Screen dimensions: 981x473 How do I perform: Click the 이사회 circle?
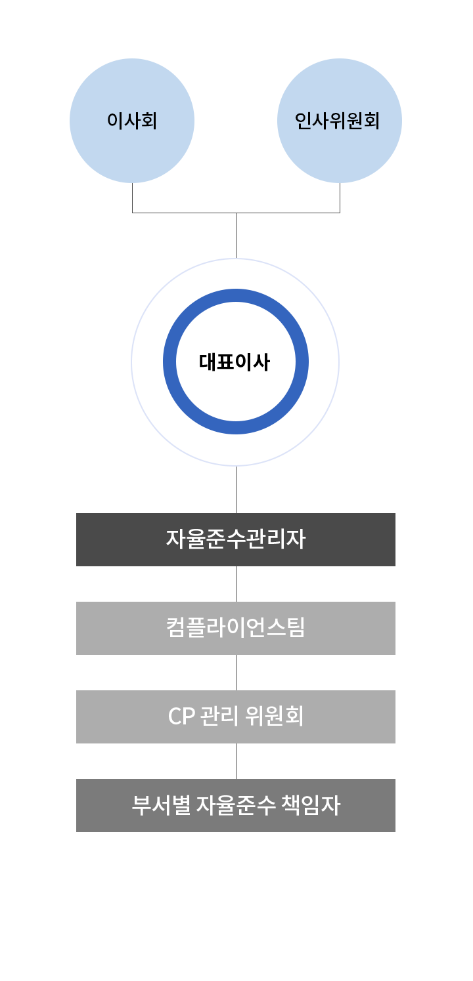(x=132, y=121)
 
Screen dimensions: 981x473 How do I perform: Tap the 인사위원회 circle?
(x=339, y=121)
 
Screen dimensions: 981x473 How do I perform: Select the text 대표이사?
(x=235, y=362)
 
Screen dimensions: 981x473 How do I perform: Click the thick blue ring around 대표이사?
(x=170, y=362)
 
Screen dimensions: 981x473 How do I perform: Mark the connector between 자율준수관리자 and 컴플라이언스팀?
(x=236, y=584)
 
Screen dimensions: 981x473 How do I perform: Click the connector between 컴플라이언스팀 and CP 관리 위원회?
(x=236, y=673)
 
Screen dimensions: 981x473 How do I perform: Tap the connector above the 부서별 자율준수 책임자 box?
(x=236, y=761)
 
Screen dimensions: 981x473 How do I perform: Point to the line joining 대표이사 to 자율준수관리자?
(x=236, y=490)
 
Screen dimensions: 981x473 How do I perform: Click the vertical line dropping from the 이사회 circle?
(x=133, y=198)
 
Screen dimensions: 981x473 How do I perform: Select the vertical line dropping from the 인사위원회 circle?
(x=340, y=198)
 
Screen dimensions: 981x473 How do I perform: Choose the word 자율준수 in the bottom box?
(x=237, y=805)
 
